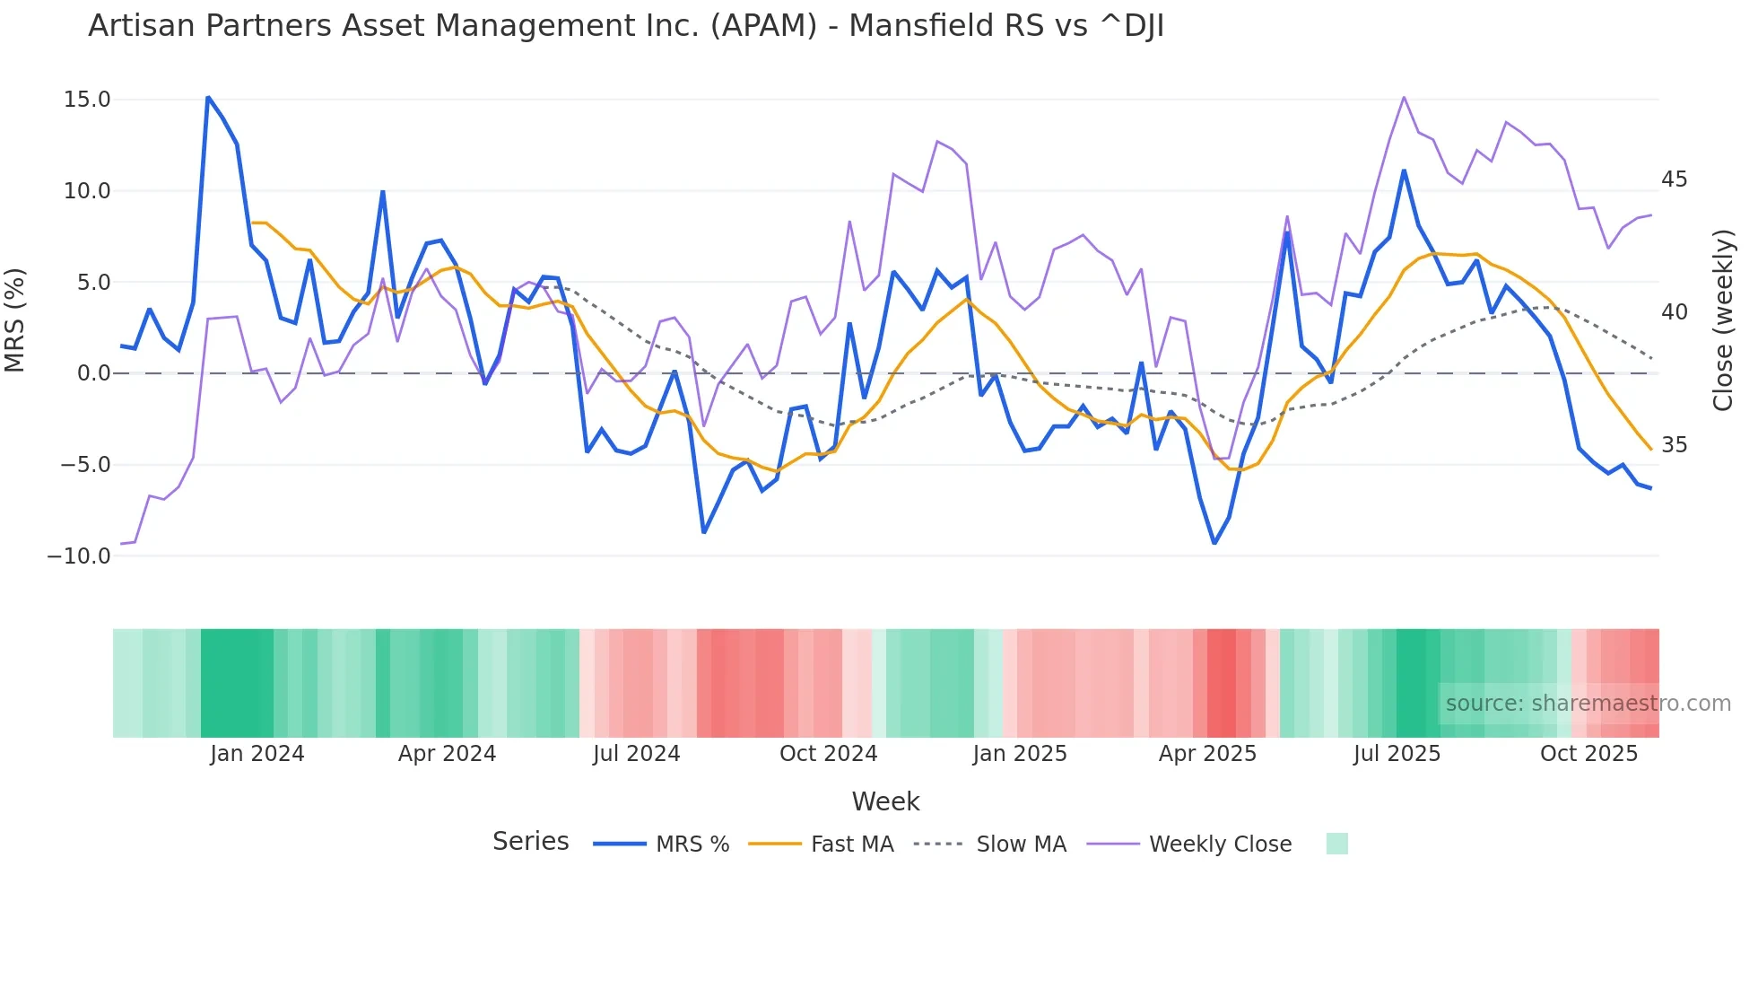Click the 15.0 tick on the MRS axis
pyautogui.click(x=87, y=100)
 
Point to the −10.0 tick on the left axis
pyautogui.click(x=79, y=556)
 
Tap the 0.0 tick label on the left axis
pyautogui.click(x=93, y=373)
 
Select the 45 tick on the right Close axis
pyautogui.click(x=1674, y=179)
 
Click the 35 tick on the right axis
pyautogui.click(x=1674, y=445)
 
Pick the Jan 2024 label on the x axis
pyautogui.click(x=257, y=754)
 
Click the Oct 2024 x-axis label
pyautogui.click(x=828, y=754)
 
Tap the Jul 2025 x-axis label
pyautogui.click(x=1397, y=754)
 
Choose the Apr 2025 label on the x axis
pyautogui.click(x=1207, y=754)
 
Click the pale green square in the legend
pyautogui.click(x=1336, y=844)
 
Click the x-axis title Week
pyautogui.click(x=885, y=801)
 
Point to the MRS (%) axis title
pyautogui.click(x=15, y=320)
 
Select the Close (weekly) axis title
pyautogui.click(x=1723, y=320)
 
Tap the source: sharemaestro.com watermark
pyautogui.click(x=1588, y=704)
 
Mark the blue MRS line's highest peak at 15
pyautogui.click(x=208, y=97)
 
